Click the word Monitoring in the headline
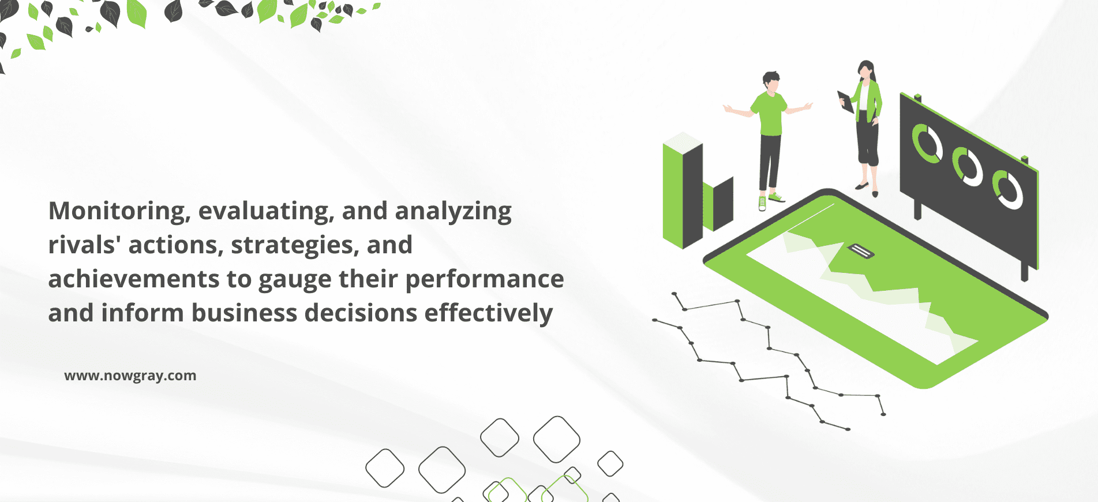point(119,212)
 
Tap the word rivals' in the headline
point(84,245)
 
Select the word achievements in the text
point(134,279)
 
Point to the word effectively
point(489,314)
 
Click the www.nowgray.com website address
point(130,376)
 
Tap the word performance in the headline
point(485,280)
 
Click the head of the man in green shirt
point(771,81)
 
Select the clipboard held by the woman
point(846,102)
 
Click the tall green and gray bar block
point(683,190)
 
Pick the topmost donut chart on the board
point(927,143)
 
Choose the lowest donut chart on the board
point(1007,189)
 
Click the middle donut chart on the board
point(967,166)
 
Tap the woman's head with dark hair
point(866,70)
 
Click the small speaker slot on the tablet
point(861,251)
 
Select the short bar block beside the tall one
point(718,204)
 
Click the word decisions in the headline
point(361,313)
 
